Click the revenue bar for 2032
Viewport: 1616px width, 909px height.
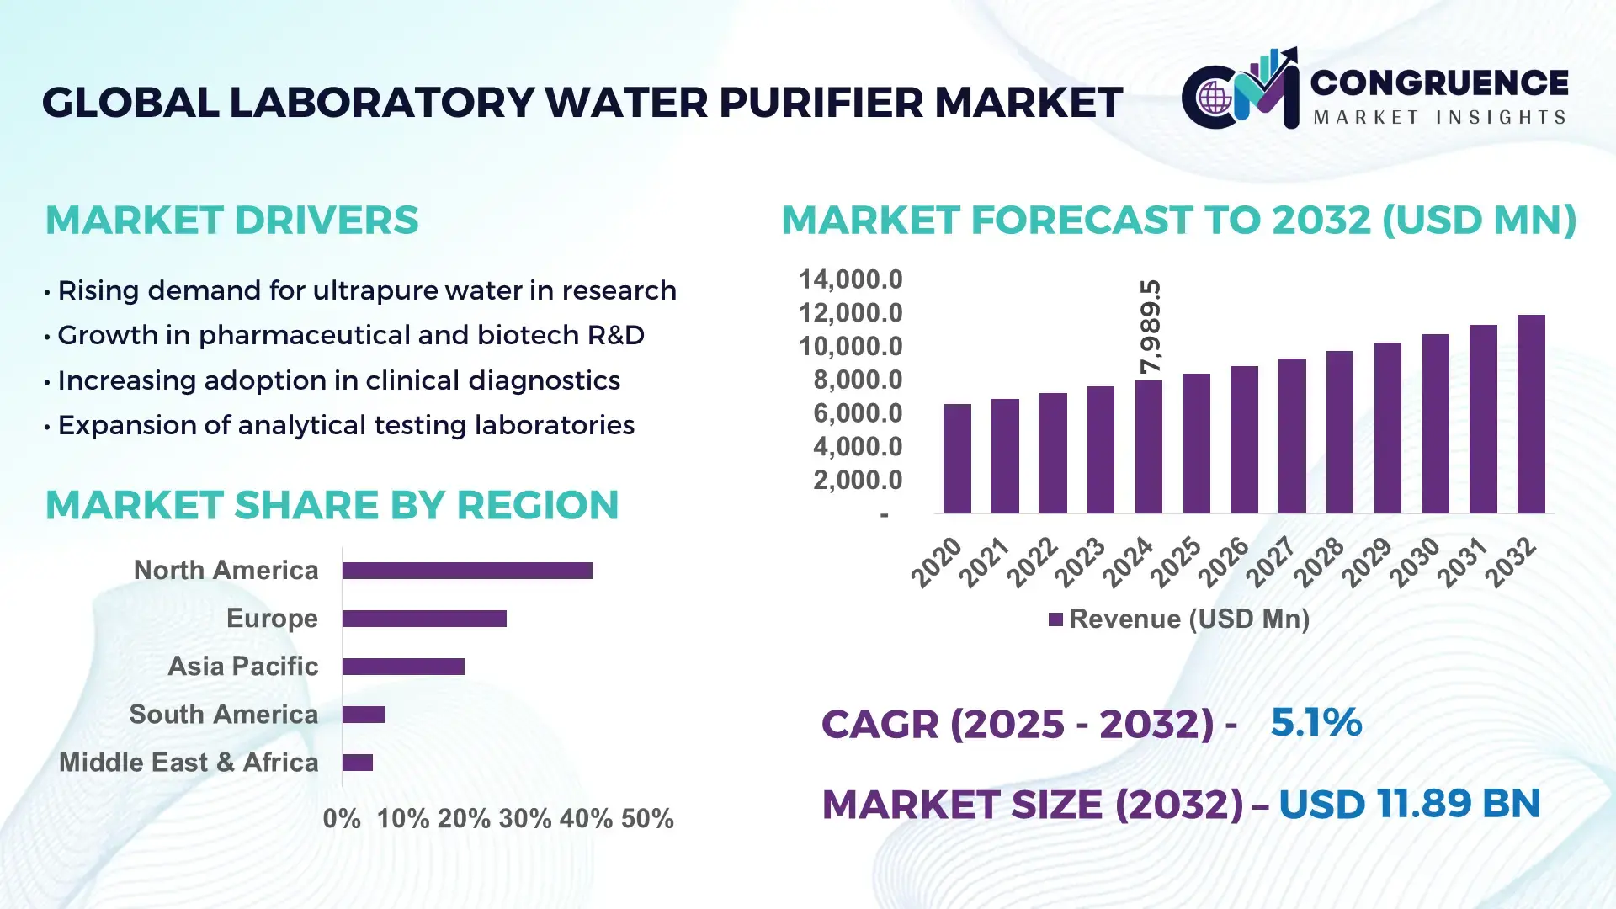pos(1531,414)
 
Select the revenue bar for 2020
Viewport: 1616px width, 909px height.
pos(957,459)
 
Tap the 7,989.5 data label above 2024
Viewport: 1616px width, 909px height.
pos(1150,327)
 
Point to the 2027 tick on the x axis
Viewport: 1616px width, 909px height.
pos(1270,561)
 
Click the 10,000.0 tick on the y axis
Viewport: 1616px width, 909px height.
pos(850,347)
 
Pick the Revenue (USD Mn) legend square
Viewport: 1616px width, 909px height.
pos(1055,620)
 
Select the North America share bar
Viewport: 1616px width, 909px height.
pos(467,571)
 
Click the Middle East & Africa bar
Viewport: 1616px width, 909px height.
pos(358,763)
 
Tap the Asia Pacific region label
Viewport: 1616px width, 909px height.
pos(243,667)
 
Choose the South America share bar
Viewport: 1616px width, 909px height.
pos(364,715)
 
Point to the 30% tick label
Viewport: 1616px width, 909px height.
pos(524,819)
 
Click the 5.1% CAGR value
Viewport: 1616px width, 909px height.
pos(1316,722)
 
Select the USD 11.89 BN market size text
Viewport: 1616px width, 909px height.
pos(1409,804)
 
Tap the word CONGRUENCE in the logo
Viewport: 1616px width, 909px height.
pos(1439,82)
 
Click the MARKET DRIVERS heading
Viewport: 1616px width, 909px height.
pos(231,221)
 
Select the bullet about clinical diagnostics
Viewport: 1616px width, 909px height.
pos(338,380)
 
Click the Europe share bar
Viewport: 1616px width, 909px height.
pos(424,619)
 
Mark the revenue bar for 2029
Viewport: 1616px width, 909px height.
pos(1387,428)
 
